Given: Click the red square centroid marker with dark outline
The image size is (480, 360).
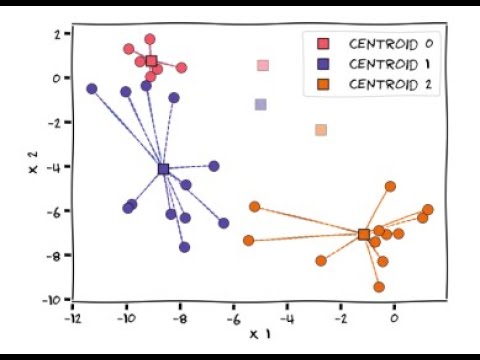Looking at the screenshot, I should click(x=151, y=61).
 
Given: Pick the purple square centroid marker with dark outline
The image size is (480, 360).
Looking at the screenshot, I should click(x=163, y=169).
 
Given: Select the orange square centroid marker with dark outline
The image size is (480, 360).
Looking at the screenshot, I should click(x=364, y=234).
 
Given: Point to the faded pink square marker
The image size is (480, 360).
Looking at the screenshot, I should click(x=263, y=66).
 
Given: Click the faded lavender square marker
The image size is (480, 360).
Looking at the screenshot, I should click(x=261, y=104).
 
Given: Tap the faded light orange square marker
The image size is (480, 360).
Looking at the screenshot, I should click(x=321, y=130).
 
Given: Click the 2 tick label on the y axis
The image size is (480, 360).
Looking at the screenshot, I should click(x=58, y=33).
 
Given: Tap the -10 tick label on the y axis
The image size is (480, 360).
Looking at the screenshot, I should click(x=53, y=300).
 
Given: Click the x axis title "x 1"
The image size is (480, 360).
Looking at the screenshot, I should click(x=259, y=333).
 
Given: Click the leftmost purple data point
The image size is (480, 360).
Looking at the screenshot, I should click(x=92, y=89).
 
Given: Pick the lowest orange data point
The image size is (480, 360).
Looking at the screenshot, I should click(x=379, y=287).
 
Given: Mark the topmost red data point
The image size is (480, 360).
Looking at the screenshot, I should click(x=150, y=40).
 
